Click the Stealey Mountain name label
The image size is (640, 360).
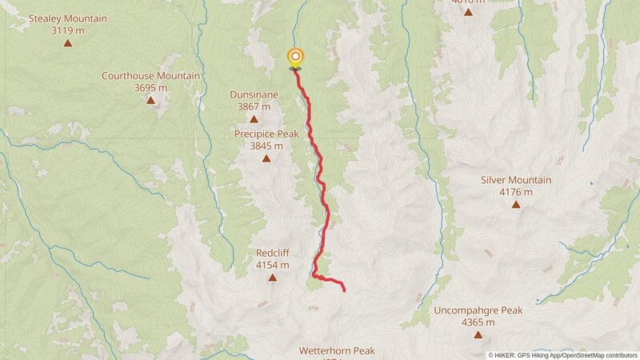coord(67,18)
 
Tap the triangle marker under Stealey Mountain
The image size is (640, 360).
coord(67,42)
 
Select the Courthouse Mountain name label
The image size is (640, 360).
coord(150,76)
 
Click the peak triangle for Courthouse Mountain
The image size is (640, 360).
coord(150,100)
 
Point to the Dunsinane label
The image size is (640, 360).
coord(254,94)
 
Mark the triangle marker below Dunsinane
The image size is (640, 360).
coord(254,118)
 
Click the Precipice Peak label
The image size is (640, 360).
coord(266,134)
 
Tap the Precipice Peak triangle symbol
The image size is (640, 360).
coord(266,158)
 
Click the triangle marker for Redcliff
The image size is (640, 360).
coord(272,278)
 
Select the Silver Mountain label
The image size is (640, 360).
coord(516,180)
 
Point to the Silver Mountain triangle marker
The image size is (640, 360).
coord(516,205)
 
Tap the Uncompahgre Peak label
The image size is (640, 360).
coord(478,310)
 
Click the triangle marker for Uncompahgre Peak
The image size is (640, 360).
coord(478,334)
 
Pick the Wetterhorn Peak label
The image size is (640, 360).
coord(337,350)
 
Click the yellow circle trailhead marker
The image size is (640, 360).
coord(296,56)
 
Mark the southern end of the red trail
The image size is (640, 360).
coord(344,290)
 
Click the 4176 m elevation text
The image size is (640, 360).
coord(516,192)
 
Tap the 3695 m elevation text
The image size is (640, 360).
coord(150,88)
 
